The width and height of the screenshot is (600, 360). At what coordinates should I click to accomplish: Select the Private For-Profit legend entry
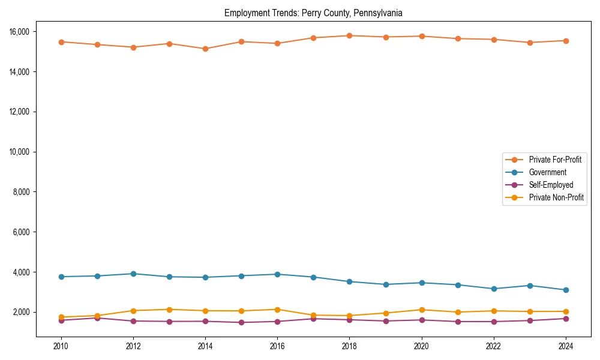coord(555,160)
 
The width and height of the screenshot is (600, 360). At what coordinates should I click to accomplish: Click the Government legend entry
coord(547,172)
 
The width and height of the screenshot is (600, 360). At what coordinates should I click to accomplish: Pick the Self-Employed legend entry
coord(551,185)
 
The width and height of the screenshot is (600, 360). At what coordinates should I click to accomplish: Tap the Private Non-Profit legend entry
coord(556,197)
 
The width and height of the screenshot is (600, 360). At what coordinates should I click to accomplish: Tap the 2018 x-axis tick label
coord(349,346)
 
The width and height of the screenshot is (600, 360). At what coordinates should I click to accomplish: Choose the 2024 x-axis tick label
coord(565,346)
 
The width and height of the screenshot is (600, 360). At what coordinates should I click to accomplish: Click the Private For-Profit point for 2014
coord(205,49)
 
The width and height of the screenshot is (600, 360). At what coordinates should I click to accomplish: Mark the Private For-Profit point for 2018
coord(349,35)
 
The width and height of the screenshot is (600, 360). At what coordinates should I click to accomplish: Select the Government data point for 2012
coord(133,274)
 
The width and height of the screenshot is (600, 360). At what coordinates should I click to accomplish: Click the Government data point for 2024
coord(565,290)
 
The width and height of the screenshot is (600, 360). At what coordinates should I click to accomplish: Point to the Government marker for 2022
coord(493,289)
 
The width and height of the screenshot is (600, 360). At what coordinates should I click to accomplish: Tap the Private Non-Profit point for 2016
coord(277,310)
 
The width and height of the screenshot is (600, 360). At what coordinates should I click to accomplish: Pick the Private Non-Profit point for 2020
coord(421,310)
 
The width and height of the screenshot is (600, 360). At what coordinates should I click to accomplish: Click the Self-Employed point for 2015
coord(241,322)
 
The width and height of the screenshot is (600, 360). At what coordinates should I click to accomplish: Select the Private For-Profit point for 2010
coord(61,42)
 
